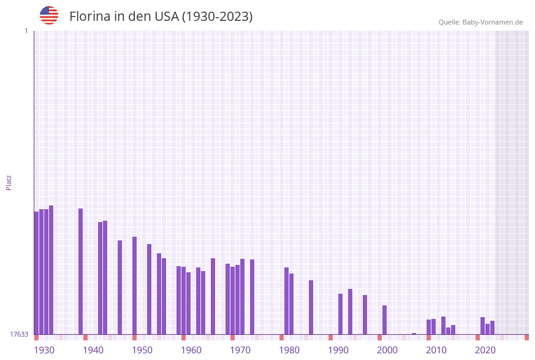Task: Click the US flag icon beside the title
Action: (49, 15)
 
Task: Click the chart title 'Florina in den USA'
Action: (161, 17)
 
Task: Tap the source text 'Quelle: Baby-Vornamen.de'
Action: (480, 22)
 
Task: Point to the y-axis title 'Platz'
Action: (9, 182)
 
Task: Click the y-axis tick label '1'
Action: (26, 31)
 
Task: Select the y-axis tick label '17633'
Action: (19, 334)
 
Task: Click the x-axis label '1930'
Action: (44, 350)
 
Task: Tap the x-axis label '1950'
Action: (142, 350)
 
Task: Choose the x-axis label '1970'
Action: (240, 350)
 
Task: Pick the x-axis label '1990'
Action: (338, 350)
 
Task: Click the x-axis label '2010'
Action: (436, 350)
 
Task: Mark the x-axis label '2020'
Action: (485, 350)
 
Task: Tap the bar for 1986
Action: (311, 307)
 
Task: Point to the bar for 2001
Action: (384, 320)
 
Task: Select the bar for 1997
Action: (365, 314)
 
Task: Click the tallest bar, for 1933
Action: (51, 270)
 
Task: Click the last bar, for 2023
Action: (492, 327)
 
